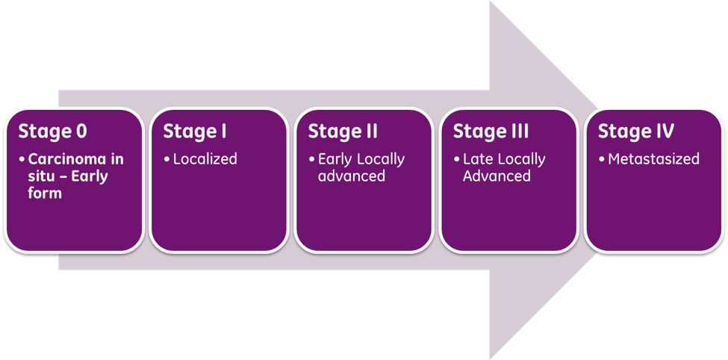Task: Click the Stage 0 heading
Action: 52,132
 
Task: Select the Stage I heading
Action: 195,132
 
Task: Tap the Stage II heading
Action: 343,132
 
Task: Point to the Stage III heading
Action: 491,132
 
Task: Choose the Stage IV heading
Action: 635,132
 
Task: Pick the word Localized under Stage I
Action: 205,159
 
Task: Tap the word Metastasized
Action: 654,159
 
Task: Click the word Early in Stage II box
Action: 335,159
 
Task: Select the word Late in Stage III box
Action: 478,159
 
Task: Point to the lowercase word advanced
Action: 352,176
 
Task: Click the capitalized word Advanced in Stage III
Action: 497,176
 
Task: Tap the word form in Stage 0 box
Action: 45,193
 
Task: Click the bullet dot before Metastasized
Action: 602,160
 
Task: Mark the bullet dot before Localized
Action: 167,160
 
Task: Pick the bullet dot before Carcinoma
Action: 22,160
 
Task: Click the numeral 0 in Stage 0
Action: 81,132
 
